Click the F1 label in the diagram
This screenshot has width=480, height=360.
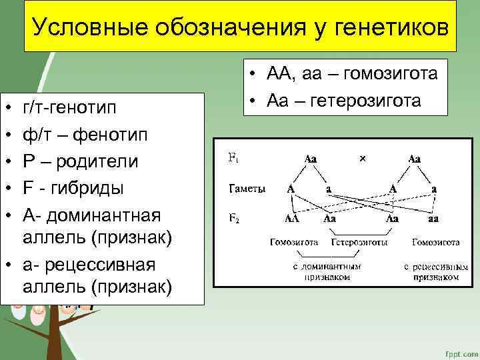pyautogui.click(x=233, y=159)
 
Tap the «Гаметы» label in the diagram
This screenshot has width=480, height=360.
pyautogui.click(x=247, y=189)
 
